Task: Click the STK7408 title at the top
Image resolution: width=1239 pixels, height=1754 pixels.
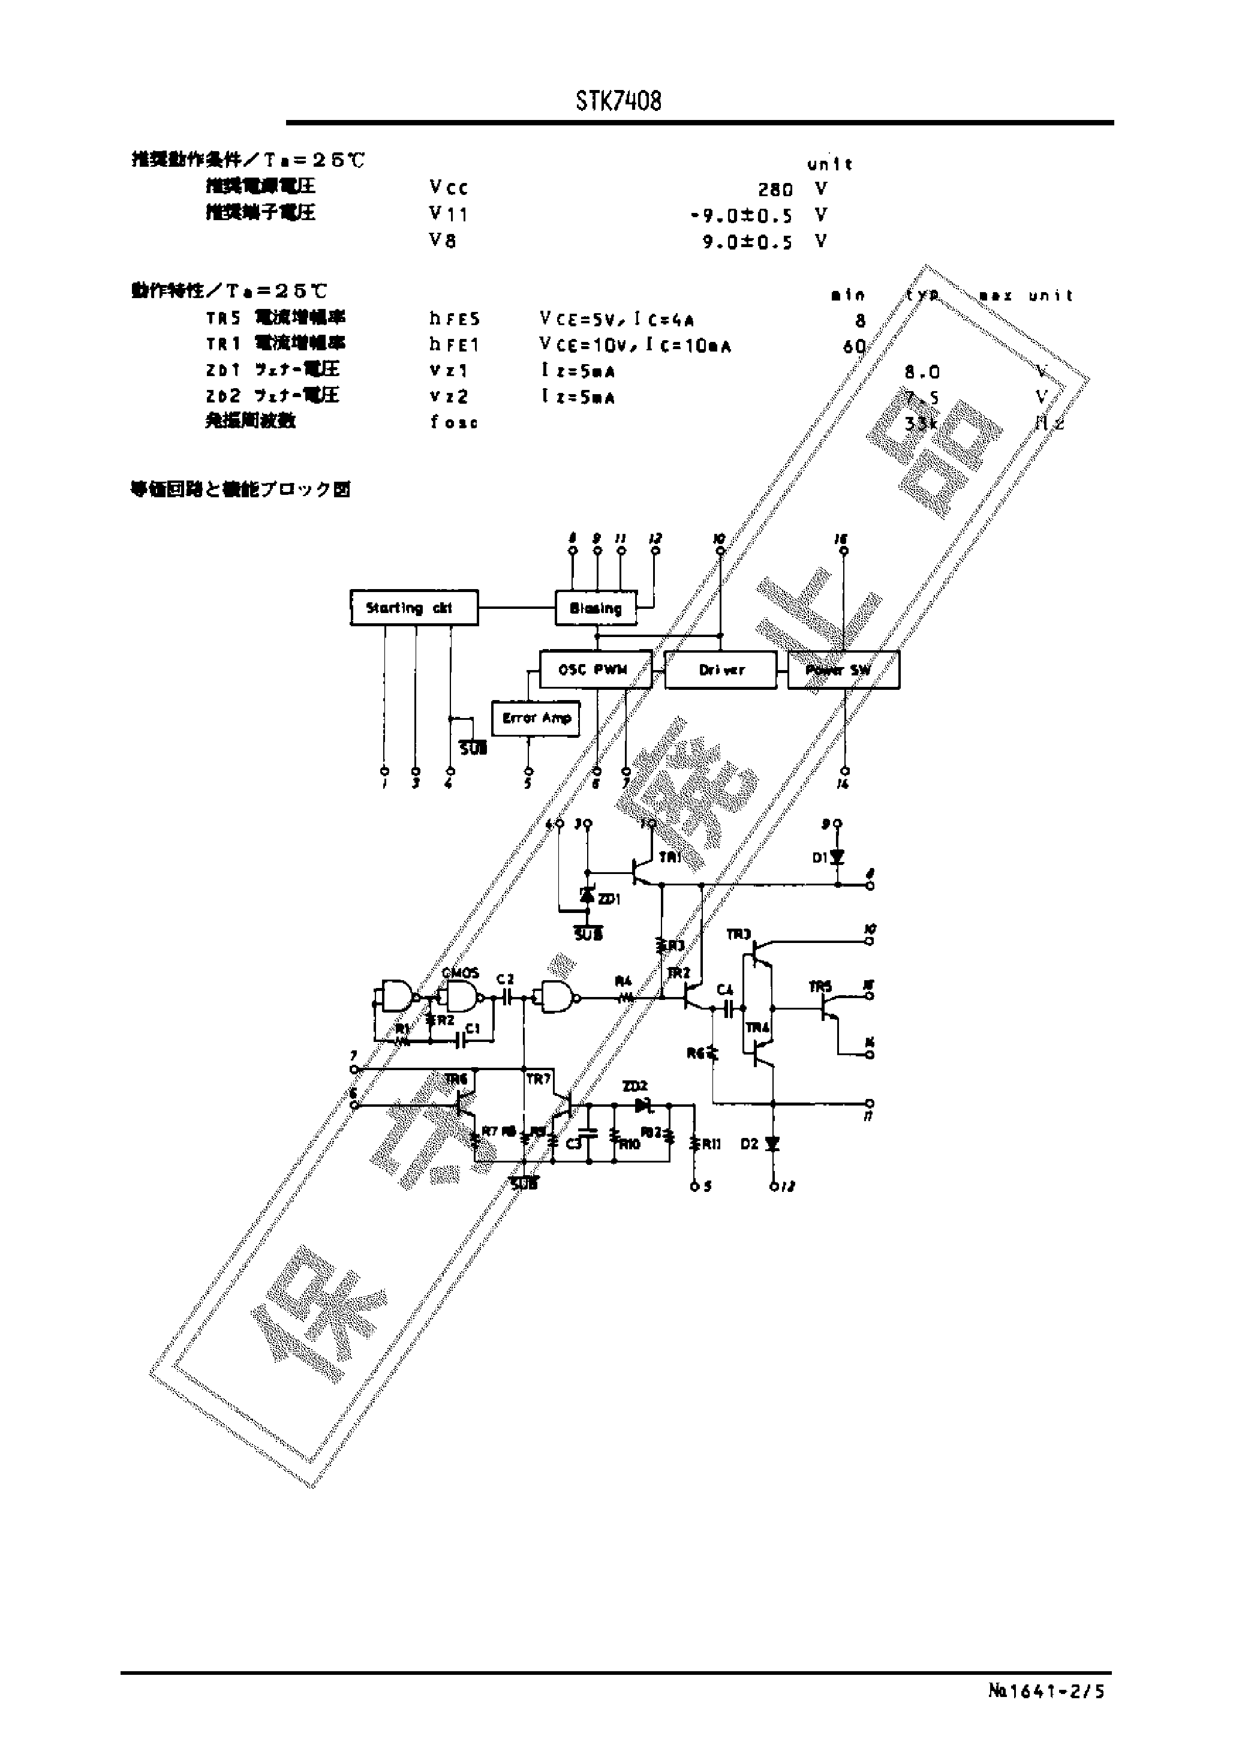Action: point(619,101)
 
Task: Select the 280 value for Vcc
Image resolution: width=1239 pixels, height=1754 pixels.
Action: point(775,190)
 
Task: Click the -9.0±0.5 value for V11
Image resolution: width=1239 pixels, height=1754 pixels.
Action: point(742,215)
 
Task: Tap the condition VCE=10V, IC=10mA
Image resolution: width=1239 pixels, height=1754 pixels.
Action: point(634,346)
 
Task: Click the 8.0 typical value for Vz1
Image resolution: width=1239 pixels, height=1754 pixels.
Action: point(922,372)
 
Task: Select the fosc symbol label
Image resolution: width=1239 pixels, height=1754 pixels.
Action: point(454,422)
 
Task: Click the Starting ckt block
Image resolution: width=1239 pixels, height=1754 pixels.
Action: point(414,608)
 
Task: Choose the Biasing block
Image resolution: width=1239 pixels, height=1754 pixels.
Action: point(596,608)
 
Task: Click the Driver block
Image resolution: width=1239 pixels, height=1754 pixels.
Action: point(721,670)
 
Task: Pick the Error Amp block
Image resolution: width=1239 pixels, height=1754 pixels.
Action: point(536,718)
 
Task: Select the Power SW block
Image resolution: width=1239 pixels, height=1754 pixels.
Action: point(843,670)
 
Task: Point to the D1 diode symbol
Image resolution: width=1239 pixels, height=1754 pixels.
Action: point(838,857)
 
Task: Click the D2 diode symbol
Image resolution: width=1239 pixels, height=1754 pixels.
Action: point(772,1143)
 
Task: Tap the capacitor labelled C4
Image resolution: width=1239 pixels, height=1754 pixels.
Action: point(728,1008)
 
